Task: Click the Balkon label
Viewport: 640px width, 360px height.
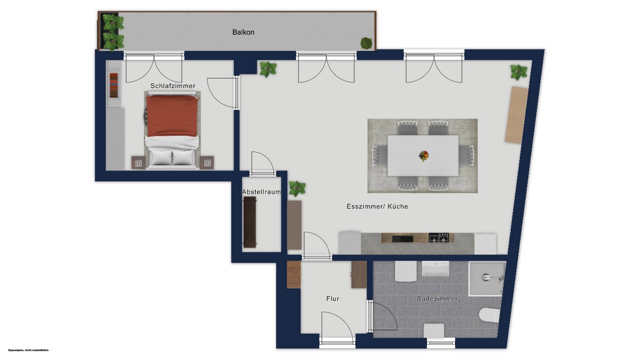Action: [243, 32]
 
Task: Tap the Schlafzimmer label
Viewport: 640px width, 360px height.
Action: [173, 86]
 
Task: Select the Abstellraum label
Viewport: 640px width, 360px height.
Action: [261, 192]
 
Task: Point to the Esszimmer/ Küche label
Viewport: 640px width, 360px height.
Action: [377, 206]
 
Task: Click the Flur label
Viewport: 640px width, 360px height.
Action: [332, 299]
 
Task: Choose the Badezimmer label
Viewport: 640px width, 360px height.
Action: [437, 299]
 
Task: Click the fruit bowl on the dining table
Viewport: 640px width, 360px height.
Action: [424, 156]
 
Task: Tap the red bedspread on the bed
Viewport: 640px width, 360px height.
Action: [172, 116]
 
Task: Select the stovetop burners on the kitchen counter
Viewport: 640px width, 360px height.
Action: [439, 237]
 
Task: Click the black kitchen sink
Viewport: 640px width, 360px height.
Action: [403, 239]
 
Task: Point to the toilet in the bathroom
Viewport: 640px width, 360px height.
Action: [489, 315]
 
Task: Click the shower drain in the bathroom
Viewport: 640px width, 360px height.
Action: [485, 276]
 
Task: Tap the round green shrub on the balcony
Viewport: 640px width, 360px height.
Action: [366, 43]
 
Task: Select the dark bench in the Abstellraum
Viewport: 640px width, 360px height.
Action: [250, 222]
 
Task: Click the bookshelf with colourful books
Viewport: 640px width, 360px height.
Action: [114, 85]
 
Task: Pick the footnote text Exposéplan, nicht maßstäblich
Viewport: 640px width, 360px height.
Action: [28, 350]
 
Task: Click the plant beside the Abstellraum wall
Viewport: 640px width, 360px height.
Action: [297, 189]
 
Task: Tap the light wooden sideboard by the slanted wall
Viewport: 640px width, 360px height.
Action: [516, 115]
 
